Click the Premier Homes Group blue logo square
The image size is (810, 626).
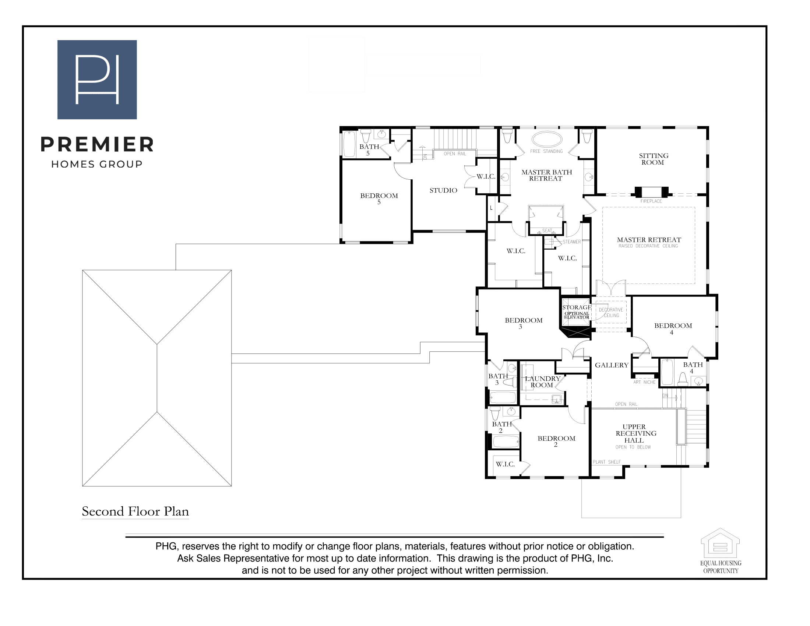point(97,80)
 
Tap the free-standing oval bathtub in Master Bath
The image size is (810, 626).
point(547,139)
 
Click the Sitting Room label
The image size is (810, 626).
point(654,159)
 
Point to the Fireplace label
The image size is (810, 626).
point(651,201)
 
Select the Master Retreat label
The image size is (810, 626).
point(649,240)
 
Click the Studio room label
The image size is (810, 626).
point(443,190)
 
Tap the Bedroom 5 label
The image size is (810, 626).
point(379,199)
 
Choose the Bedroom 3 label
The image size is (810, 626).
point(524,323)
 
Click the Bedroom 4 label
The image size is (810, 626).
point(673,329)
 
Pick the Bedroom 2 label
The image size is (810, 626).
point(556,441)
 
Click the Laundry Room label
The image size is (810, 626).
point(543,381)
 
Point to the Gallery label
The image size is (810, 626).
point(612,365)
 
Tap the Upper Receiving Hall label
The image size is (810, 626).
point(636,433)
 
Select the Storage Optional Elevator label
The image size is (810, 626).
point(577,312)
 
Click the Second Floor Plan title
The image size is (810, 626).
point(135,511)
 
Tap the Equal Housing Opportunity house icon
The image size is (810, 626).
point(720,542)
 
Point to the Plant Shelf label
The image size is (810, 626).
point(607,462)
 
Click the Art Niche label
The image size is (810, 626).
point(644,382)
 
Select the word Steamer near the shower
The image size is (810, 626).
point(572,242)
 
